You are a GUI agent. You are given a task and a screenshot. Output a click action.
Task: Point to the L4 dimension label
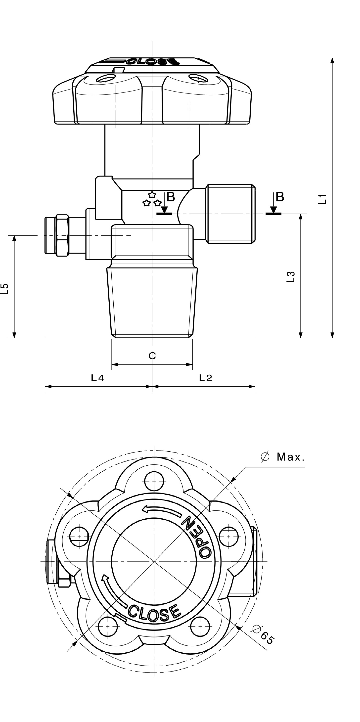97,378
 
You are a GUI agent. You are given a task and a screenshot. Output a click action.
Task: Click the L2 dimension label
206,378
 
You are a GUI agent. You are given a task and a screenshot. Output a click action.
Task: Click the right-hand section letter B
279,197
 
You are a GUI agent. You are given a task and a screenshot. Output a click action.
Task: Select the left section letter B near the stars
171,197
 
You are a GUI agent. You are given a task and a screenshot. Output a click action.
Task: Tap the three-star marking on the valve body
152,200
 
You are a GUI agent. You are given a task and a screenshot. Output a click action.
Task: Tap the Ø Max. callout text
283,457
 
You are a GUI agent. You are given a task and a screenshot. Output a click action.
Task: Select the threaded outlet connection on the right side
230,214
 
